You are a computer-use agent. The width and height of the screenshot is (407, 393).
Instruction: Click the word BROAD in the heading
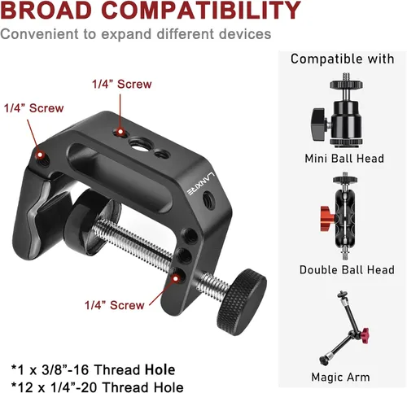46,10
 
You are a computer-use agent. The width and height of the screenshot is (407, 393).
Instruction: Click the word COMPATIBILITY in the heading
203,10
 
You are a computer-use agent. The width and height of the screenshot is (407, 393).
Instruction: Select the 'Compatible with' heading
343,59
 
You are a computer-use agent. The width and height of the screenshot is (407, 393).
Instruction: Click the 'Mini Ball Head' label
344,159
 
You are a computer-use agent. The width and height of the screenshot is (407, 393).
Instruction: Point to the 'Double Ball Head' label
347,270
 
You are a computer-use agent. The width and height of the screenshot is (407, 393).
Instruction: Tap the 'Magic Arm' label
340,377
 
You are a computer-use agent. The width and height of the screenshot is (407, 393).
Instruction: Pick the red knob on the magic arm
364,332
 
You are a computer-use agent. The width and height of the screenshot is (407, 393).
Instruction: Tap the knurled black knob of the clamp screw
241,302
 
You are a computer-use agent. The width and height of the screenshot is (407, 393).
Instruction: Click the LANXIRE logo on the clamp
202,184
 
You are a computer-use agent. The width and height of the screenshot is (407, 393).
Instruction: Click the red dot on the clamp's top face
120,132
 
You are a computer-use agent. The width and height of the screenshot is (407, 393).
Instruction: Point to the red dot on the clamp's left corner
40,155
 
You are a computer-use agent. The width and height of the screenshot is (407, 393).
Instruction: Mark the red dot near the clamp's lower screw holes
176,278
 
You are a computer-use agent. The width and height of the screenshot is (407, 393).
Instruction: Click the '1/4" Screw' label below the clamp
114,305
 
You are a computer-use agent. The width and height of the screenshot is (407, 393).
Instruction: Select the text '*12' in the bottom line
22,387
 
